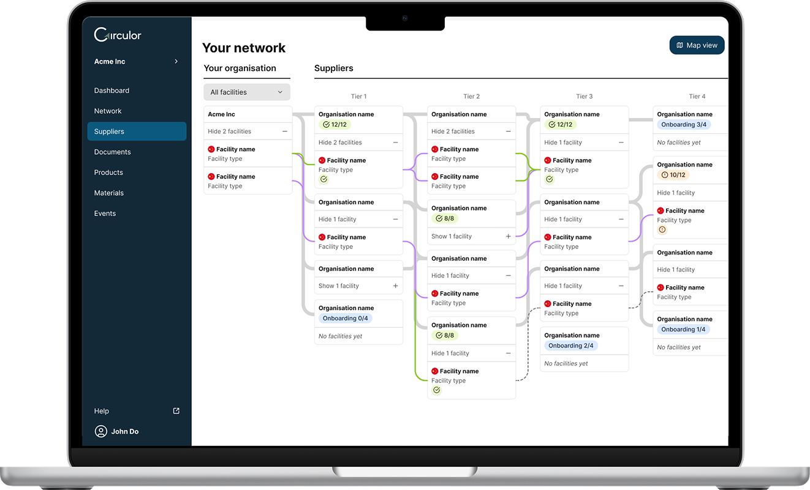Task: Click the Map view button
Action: [697, 45]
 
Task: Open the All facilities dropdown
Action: [247, 92]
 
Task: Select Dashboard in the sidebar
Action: [112, 91]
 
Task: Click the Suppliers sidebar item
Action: [137, 132]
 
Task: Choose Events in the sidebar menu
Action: [105, 213]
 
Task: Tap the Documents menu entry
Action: [113, 152]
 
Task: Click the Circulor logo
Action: [118, 35]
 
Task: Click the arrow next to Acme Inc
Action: [176, 61]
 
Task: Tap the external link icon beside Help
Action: [176, 411]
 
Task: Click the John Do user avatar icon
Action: [101, 431]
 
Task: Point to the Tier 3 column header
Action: [584, 97]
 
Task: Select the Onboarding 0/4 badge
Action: [346, 318]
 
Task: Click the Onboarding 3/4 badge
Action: [684, 125]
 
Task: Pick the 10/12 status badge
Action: [673, 175]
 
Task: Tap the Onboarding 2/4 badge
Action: [571, 346]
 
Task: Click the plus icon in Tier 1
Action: [395, 286]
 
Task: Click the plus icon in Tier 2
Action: [508, 237]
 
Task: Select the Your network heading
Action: [244, 48]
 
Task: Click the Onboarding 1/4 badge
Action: [683, 329]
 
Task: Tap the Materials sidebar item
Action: [109, 193]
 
